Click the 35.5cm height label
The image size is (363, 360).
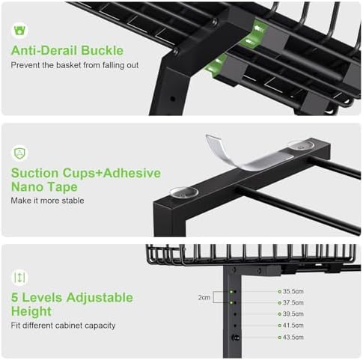293,291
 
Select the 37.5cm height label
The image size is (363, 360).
293,302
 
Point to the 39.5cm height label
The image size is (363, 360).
293,314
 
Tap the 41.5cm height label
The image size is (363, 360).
293,326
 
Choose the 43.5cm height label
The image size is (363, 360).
293,338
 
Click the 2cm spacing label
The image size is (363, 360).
204,297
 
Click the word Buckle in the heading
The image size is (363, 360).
102,50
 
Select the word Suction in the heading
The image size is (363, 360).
34,173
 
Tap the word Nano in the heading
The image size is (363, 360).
28,187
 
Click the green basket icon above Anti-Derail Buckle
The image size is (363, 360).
19,31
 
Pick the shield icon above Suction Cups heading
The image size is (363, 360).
19,153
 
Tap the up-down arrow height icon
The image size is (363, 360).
19,278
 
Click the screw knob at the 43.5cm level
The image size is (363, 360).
235,338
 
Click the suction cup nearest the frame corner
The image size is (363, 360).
184,192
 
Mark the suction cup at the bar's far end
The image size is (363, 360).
300,144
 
